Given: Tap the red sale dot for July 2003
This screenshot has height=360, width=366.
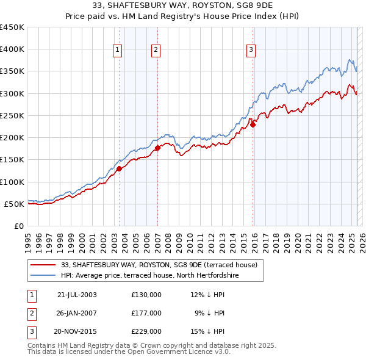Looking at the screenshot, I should pos(120,168).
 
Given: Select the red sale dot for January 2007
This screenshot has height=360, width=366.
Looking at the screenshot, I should pos(157,148).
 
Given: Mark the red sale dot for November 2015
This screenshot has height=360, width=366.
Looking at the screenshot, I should pos(253,124).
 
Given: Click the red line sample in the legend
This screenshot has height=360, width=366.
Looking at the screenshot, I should pos(43,265).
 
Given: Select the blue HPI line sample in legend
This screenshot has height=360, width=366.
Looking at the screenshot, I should pos(43,276).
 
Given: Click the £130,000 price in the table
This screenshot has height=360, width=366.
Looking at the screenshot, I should pos(146,294).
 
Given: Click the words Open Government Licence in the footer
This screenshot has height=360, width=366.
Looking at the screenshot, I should pos(168,351).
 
